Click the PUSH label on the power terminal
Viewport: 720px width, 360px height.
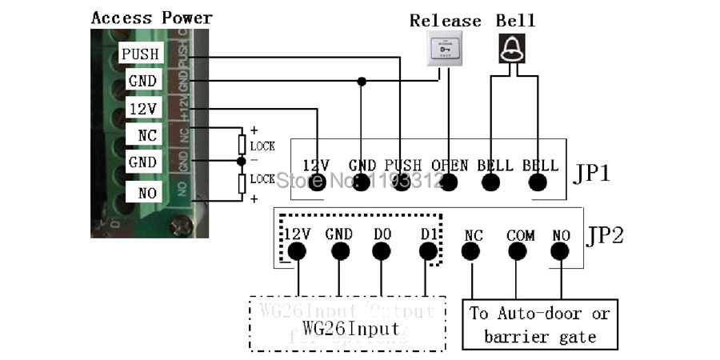pos(140,54)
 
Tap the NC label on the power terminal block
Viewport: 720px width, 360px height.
pos(146,136)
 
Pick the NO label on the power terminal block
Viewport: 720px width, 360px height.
pos(146,192)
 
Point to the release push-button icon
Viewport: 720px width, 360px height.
pos(446,50)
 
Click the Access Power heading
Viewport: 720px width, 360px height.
pos(151,17)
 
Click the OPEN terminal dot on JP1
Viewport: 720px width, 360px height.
pos(450,182)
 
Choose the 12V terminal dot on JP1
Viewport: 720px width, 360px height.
pos(318,182)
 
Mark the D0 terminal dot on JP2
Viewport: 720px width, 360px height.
pos(382,252)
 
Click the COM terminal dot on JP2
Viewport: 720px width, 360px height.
pos(519,252)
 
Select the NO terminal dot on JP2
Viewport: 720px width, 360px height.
pos(560,252)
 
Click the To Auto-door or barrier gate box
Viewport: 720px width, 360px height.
pos(540,324)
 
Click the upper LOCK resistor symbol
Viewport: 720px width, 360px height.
pos(242,144)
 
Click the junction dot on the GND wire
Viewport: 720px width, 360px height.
pos(362,81)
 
